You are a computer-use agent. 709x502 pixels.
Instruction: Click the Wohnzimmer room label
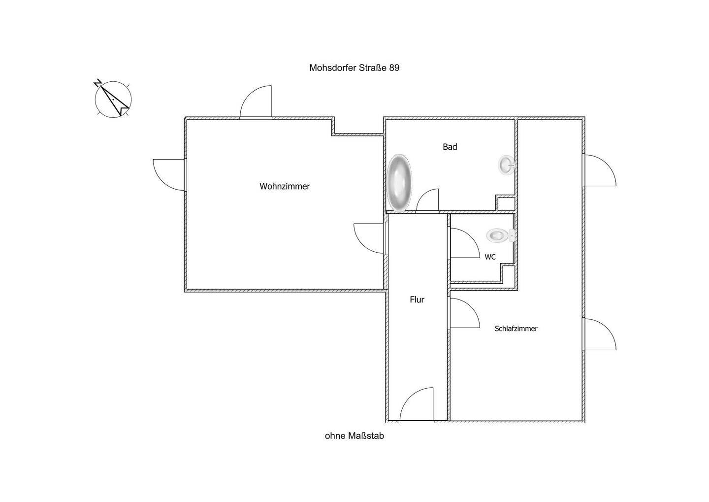click(x=285, y=187)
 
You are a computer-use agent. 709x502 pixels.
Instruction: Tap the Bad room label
click(x=450, y=147)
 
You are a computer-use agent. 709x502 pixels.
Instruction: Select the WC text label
click(x=490, y=257)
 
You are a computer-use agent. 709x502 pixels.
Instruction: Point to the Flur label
click(x=417, y=300)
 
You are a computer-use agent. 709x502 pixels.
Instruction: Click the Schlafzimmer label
click(x=516, y=329)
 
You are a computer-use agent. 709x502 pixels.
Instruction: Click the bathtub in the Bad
click(x=399, y=183)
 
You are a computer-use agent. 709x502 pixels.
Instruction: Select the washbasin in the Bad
click(x=507, y=165)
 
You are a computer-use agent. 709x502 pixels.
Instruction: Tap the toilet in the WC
click(x=499, y=235)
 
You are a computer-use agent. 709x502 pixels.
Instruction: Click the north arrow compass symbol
click(x=113, y=99)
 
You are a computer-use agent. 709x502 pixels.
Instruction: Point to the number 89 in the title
click(x=394, y=68)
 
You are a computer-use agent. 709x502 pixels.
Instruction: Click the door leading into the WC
click(x=463, y=243)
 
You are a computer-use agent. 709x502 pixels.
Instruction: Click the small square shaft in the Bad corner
click(x=505, y=203)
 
